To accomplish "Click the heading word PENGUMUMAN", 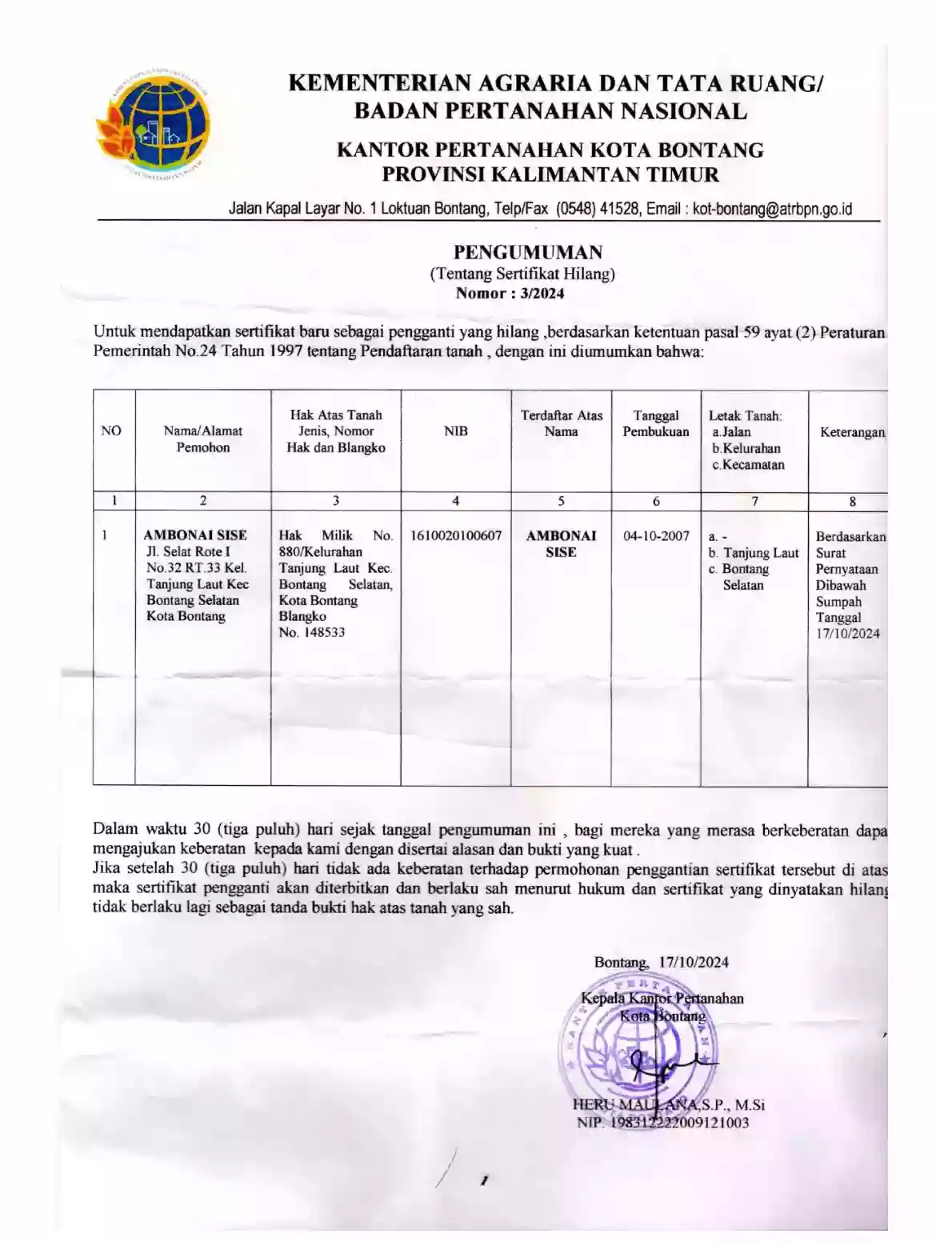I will click(x=528, y=253).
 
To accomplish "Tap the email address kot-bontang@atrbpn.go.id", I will click(x=772, y=210).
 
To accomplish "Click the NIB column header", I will click(x=455, y=431).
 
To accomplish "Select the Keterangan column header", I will click(x=852, y=432).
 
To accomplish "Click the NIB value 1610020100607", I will click(x=455, y=535).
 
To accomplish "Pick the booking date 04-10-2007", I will click(x=656, y=536).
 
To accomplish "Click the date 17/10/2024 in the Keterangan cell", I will click(x=847, y=634).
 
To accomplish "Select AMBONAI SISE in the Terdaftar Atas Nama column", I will click(x=561, y=543).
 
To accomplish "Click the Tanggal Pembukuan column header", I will click(x=656, y=423).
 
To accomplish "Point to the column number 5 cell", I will click(x=561, y=501).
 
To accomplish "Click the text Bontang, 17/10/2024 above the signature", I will click(x=661, y=963).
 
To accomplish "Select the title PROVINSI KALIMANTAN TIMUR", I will click(x=550, y=174).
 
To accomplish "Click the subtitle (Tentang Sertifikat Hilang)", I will click(x=522, y=274).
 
